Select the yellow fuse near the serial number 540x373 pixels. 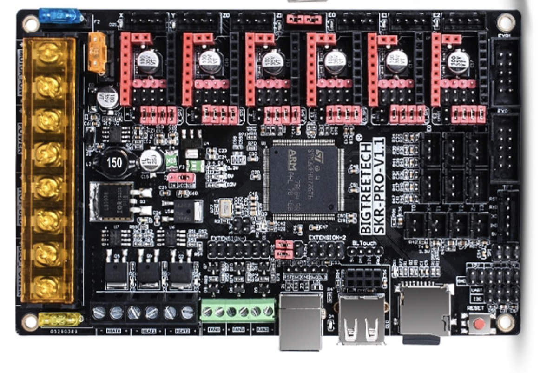pos(60,320)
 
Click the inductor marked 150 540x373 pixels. pos(112,162)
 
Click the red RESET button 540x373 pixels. pos(479,322)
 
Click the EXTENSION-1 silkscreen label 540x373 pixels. pos(227,238)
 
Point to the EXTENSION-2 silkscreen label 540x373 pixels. pos(328,238)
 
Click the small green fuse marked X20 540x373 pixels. pos(172,159)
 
